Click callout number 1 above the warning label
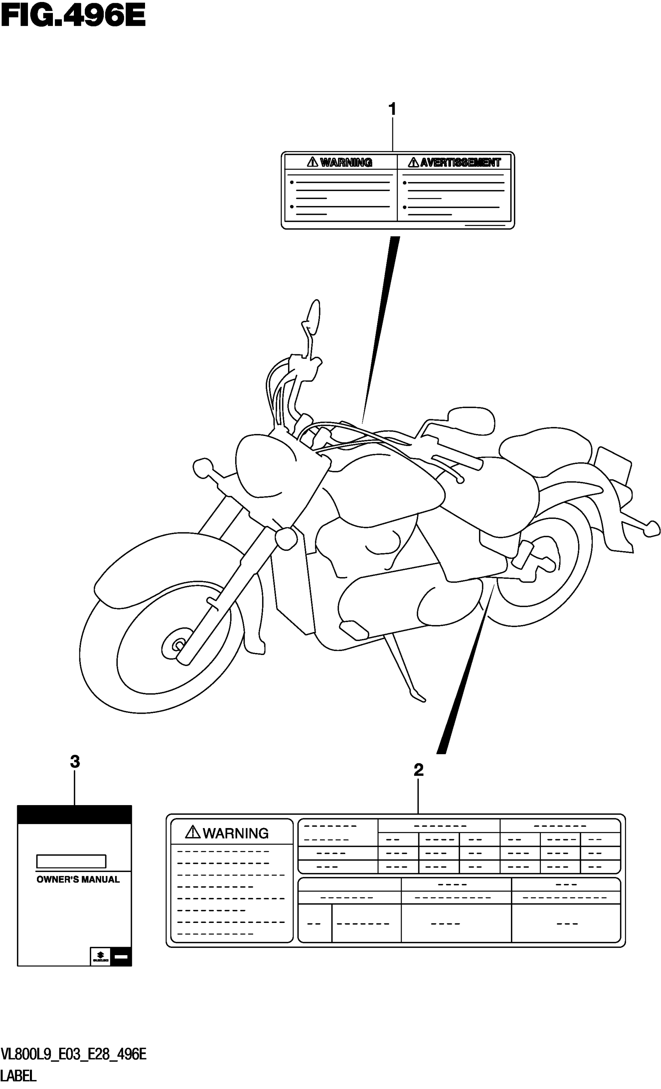[x=392, y=109]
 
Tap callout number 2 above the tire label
[x=418, y=770]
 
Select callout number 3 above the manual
[x=75, y=762]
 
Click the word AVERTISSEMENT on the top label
[x=460, y=163]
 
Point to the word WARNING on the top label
[x=346, y=163]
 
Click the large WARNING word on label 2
[x=236, y=833]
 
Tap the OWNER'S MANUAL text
[x=78, y=879]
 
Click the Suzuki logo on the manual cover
[x=100, y=957]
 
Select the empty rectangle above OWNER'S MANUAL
[x=71, y=861]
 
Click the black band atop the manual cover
[x=75, y=814]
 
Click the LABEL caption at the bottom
[x=19, y=1076]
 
